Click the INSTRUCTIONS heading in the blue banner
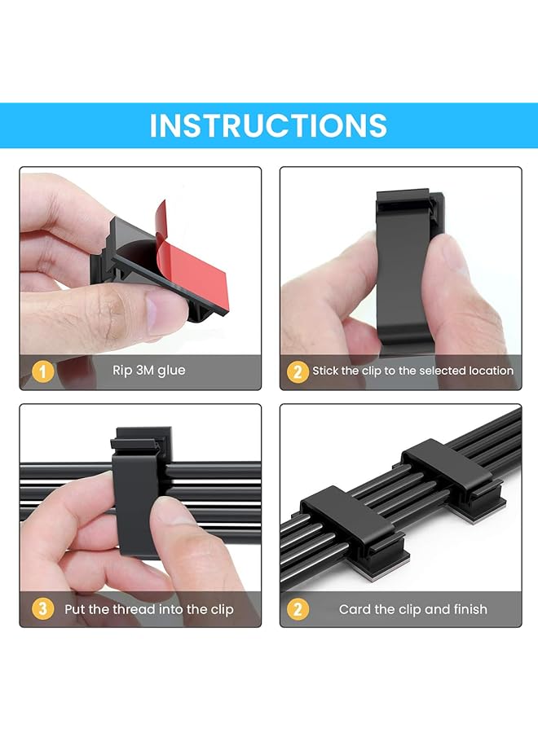tap(268, 125)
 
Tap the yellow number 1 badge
tap(42, 371)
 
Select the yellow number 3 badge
tap(42, 608)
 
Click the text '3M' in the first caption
tap(145, 371)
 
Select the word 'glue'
tap(172, 371)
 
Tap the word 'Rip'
tap(121, 371)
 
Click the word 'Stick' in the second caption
tap(325, 371)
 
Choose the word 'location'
tap(492, 371)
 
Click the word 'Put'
tap(76, 608)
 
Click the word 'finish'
tap(468, 608)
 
